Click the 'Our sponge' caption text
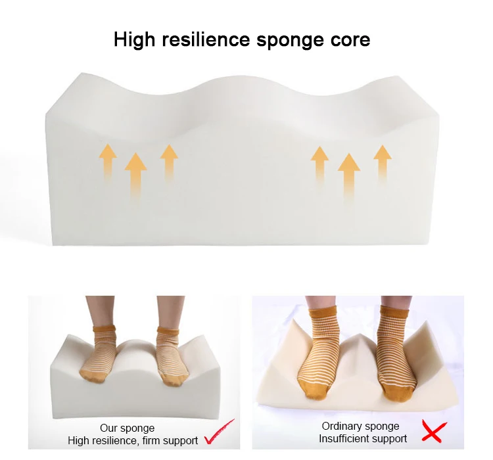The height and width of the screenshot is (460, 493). (x=128, y=428)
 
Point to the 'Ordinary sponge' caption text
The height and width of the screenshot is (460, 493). (x=360, y=426)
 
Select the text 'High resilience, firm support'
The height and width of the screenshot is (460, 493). (x=133, y=440)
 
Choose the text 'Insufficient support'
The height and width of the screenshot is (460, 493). (x=363, y=438)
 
